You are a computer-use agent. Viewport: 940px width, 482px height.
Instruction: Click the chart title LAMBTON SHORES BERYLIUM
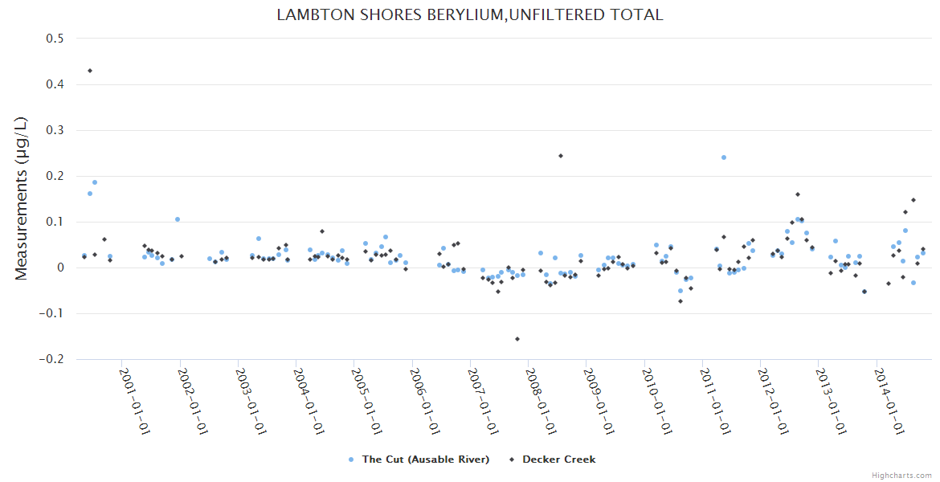[x=469, y=14]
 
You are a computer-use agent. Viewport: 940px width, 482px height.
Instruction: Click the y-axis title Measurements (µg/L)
[x=22, y=199]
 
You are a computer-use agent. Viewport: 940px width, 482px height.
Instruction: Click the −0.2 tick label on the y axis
[x=54, y=359]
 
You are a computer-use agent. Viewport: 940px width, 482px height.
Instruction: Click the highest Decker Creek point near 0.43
[x=90, y=71]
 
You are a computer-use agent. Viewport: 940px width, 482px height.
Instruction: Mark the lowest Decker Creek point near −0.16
[x=517, y=339]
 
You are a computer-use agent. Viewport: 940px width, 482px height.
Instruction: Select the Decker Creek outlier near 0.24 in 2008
[x=561, y=156]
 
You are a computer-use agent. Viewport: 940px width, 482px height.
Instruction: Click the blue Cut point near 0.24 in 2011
[x=724, y=157]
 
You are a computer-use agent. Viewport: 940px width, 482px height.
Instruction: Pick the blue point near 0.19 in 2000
[x=95, y=182]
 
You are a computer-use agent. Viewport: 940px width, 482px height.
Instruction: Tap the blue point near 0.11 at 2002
[x=178, y=219]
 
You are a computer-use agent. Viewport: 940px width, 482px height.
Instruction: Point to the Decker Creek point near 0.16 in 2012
[x=798, y=194]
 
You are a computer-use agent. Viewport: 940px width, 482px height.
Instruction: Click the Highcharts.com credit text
[x=901, y=475]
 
